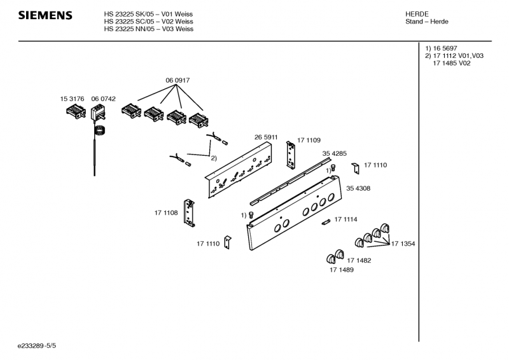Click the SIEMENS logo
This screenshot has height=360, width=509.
(x=45, y=15)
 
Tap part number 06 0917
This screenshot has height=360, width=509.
(x=178, y=80)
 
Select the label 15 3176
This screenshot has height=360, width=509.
(x=73, y=99)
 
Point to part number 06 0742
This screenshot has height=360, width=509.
(x=103, y=99)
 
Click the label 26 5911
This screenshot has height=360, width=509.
(x=265, y=137)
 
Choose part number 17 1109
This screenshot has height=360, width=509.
(x=309, y=140)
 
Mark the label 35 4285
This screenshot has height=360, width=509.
(x=334, y=153)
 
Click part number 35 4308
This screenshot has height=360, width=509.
(x=358, y=188)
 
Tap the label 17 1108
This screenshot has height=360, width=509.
(x=166, y=212)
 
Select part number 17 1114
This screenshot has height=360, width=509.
(x=345, y=219)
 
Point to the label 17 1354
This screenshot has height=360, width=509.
(x=403, y=244)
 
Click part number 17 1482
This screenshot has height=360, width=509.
(x=359, y=260)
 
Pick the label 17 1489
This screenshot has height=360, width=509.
(x=341, y=270)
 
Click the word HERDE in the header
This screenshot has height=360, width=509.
(x=417, y=14)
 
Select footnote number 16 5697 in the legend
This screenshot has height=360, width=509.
(x=443, y=48)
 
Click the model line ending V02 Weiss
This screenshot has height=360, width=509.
(x=148, y=22)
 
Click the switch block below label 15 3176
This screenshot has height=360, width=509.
(x=74, y=113)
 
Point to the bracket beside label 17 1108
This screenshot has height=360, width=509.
(x=188, y=212)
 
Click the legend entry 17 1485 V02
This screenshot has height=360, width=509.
(x=452, y=63)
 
